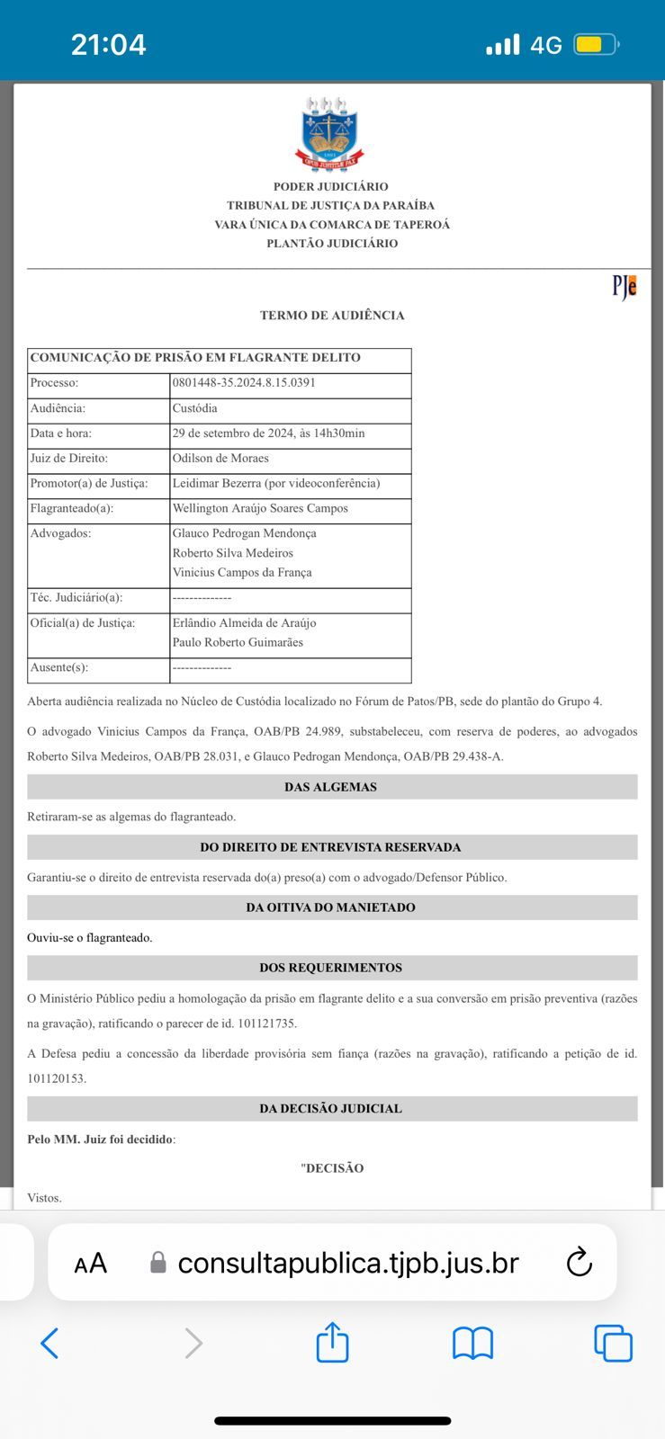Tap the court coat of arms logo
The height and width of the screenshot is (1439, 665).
coord(329,133)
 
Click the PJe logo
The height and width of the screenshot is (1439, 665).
coord(625,286)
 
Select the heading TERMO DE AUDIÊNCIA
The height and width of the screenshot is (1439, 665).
coord(332,315)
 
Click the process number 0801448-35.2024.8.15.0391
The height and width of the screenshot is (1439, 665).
coord(244,382)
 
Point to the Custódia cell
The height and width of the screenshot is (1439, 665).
coord(195,407)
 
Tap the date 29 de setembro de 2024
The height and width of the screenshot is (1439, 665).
coord(232,433)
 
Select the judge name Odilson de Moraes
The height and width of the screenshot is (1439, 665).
coord(220,458)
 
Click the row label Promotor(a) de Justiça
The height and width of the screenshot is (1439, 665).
coord(89,483)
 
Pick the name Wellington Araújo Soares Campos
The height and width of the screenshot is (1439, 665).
coord(260,508)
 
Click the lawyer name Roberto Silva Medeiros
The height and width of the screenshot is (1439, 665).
coord(233,553)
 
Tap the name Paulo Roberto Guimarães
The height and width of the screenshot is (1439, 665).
coord(238,642)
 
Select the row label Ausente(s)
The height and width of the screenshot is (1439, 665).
coord(59,667)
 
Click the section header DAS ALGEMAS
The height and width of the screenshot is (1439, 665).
coord(331,787)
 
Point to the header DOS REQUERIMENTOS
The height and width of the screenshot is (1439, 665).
coord(331,968)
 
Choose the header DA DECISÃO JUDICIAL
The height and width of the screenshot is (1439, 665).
coord(331,1108)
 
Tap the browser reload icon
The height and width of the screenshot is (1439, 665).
coord(580,1262)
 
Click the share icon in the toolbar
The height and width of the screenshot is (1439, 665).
coord(332,1343)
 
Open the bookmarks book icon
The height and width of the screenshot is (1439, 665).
coord(472,1344)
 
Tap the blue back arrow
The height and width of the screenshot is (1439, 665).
coord(50,1344)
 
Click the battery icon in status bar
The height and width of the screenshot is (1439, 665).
coord(597,44)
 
